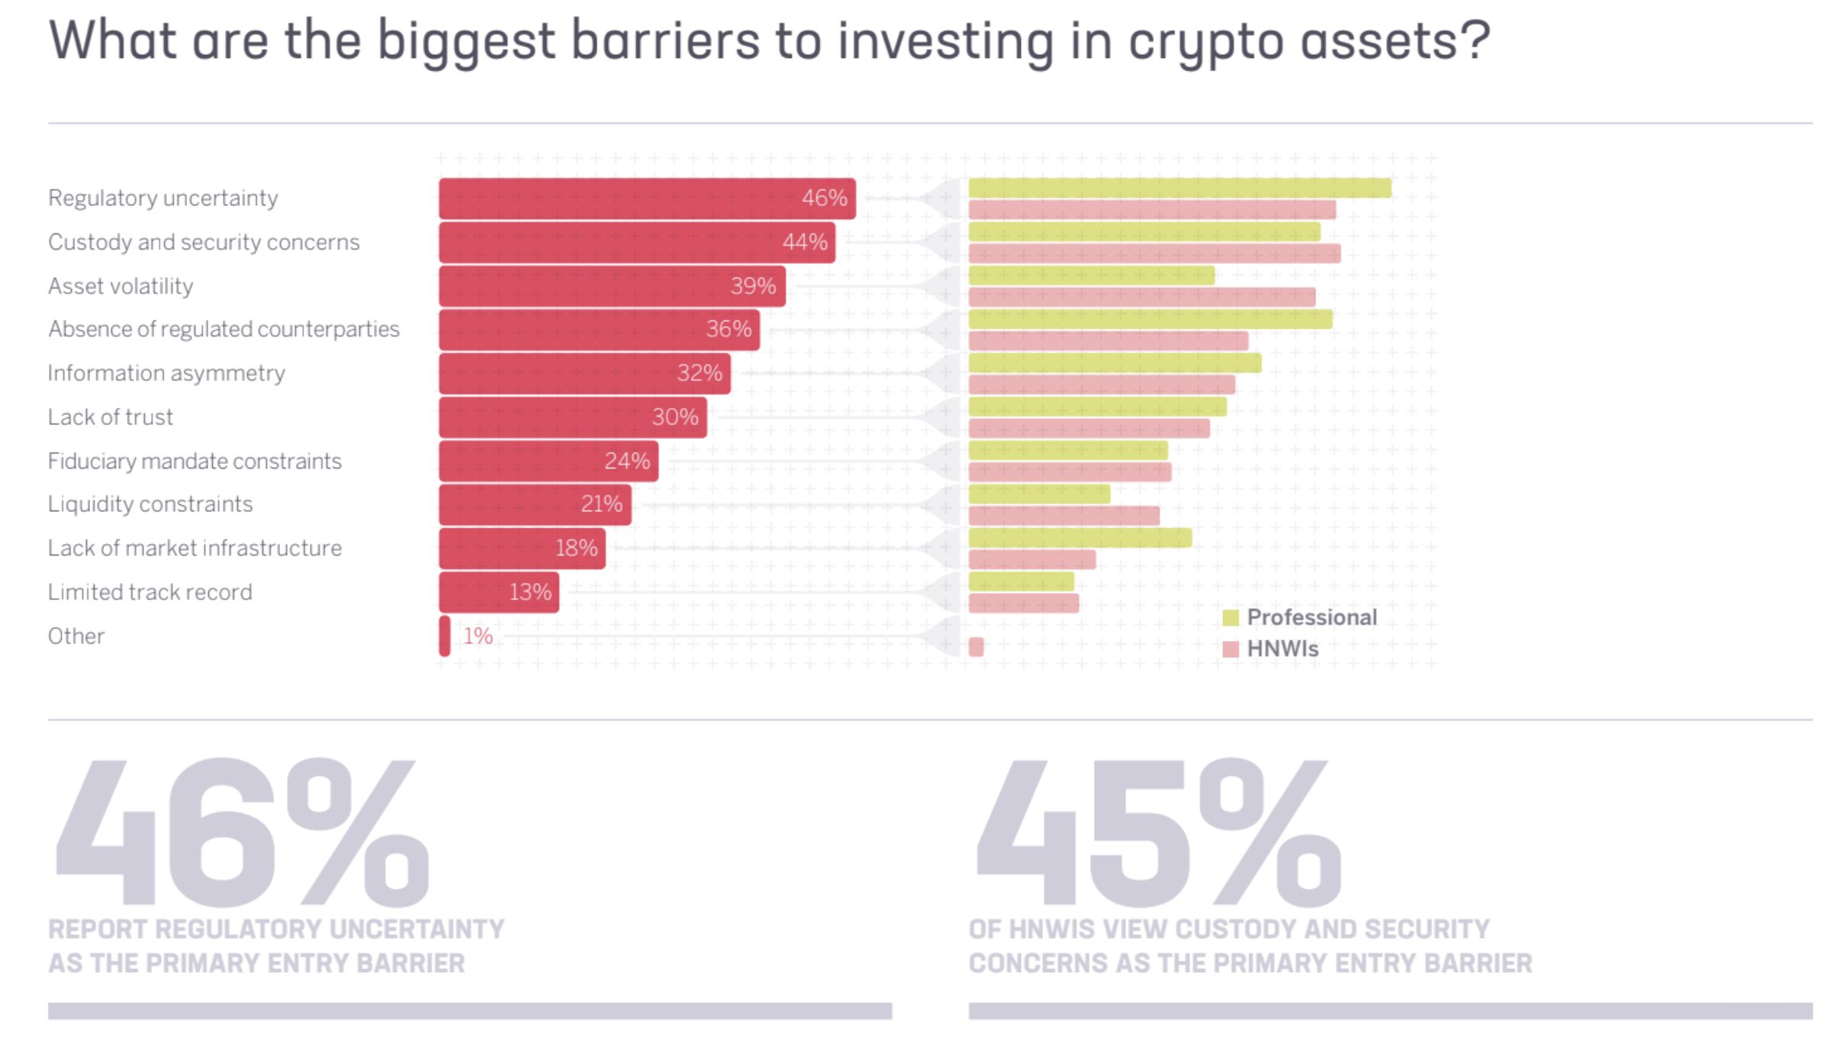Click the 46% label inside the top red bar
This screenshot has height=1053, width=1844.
click(x=824, y=198)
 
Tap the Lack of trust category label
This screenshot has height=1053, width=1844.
click(x=111, y=417)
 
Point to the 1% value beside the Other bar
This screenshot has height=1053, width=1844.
click(x=478, y=636)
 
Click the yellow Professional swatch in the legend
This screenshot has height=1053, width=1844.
click(x=1230, y=618)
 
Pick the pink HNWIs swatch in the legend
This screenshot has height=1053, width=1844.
click(x=1230, y=649)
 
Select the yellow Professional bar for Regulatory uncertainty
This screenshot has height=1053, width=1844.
click(x=1179, y=188)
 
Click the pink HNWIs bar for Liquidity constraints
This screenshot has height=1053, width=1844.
click(x=1064, y=516)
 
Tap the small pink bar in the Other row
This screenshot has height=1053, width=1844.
click(x=976, y=647)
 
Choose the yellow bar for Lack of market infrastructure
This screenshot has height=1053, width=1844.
click(x=1080, y=538)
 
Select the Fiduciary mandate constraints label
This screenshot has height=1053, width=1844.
click(x=195, y=461)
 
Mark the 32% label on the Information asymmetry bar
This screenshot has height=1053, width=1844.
click(x=699, y=373)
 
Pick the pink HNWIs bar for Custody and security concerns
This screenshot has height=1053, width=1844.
click(x=1154, y=254)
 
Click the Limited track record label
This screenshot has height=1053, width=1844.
click(x=150, y=592)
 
